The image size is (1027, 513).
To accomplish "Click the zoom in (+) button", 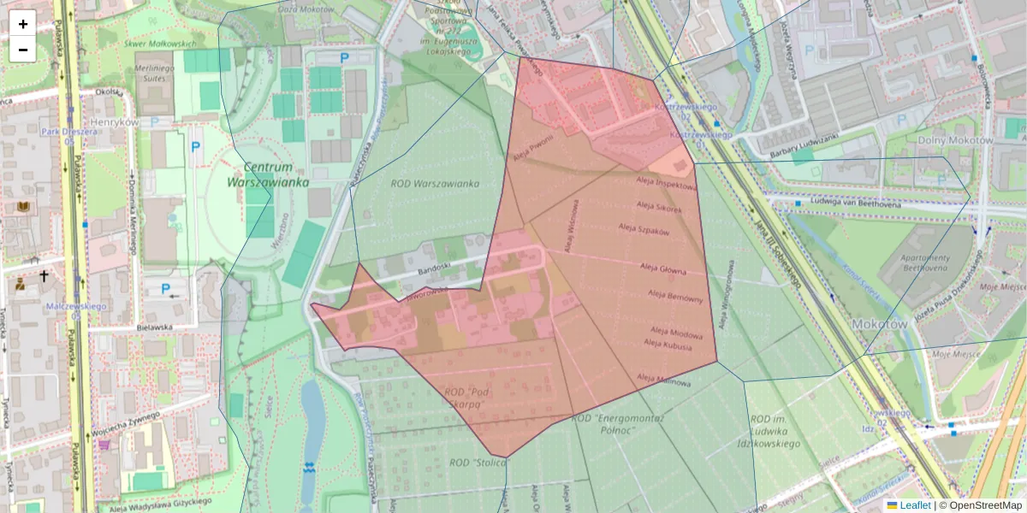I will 23,24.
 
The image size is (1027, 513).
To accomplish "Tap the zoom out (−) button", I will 23,50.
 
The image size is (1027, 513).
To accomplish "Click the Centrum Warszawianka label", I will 268,174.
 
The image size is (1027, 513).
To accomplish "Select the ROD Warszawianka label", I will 435,183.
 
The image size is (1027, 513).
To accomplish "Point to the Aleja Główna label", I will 662,269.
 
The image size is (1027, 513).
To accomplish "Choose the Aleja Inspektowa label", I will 667,183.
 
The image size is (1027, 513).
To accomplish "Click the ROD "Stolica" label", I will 478,463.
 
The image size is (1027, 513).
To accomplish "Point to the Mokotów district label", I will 880,325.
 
